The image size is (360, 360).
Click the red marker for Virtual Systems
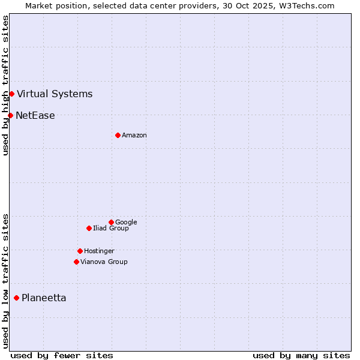pos(11,94)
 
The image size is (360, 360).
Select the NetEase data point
pos(10,115)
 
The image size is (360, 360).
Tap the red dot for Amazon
pos(118,135)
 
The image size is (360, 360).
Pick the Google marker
pos(111,222)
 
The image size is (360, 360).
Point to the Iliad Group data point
pos(89,228)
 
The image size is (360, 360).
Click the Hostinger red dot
pos(80,251)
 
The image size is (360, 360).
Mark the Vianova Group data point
pos(76,262)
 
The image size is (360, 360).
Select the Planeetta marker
pos(16,298)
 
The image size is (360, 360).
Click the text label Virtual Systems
pos(55,94)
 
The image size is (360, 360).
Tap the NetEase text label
pos(35,116)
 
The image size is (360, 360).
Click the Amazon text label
pos(134,136)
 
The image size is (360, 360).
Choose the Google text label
pos(126,222)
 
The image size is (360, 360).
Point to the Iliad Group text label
pos(111,228)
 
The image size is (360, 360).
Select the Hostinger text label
pos(99,251)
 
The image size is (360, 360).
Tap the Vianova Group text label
pos(104,262)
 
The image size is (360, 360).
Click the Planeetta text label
pos(44,298)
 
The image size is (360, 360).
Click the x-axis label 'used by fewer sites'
pos(62,355)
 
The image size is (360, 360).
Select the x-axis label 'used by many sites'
pos(301,355)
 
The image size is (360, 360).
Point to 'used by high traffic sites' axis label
pos(5,85)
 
